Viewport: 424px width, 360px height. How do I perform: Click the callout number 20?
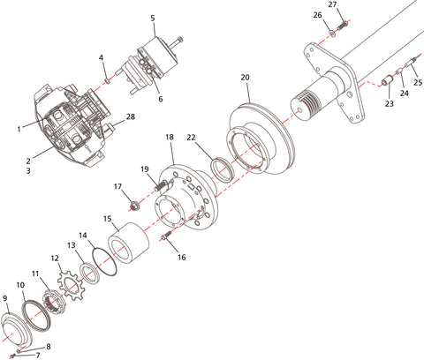[246, 77]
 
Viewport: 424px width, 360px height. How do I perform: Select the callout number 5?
[153, 18]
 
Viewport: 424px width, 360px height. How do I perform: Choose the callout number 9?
[5, 299]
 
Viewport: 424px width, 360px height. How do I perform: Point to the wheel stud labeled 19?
[162, 185]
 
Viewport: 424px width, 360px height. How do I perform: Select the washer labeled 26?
[332, 33]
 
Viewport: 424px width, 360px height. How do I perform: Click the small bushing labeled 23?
[386, 86]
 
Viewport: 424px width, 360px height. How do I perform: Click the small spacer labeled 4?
[106, 81]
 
